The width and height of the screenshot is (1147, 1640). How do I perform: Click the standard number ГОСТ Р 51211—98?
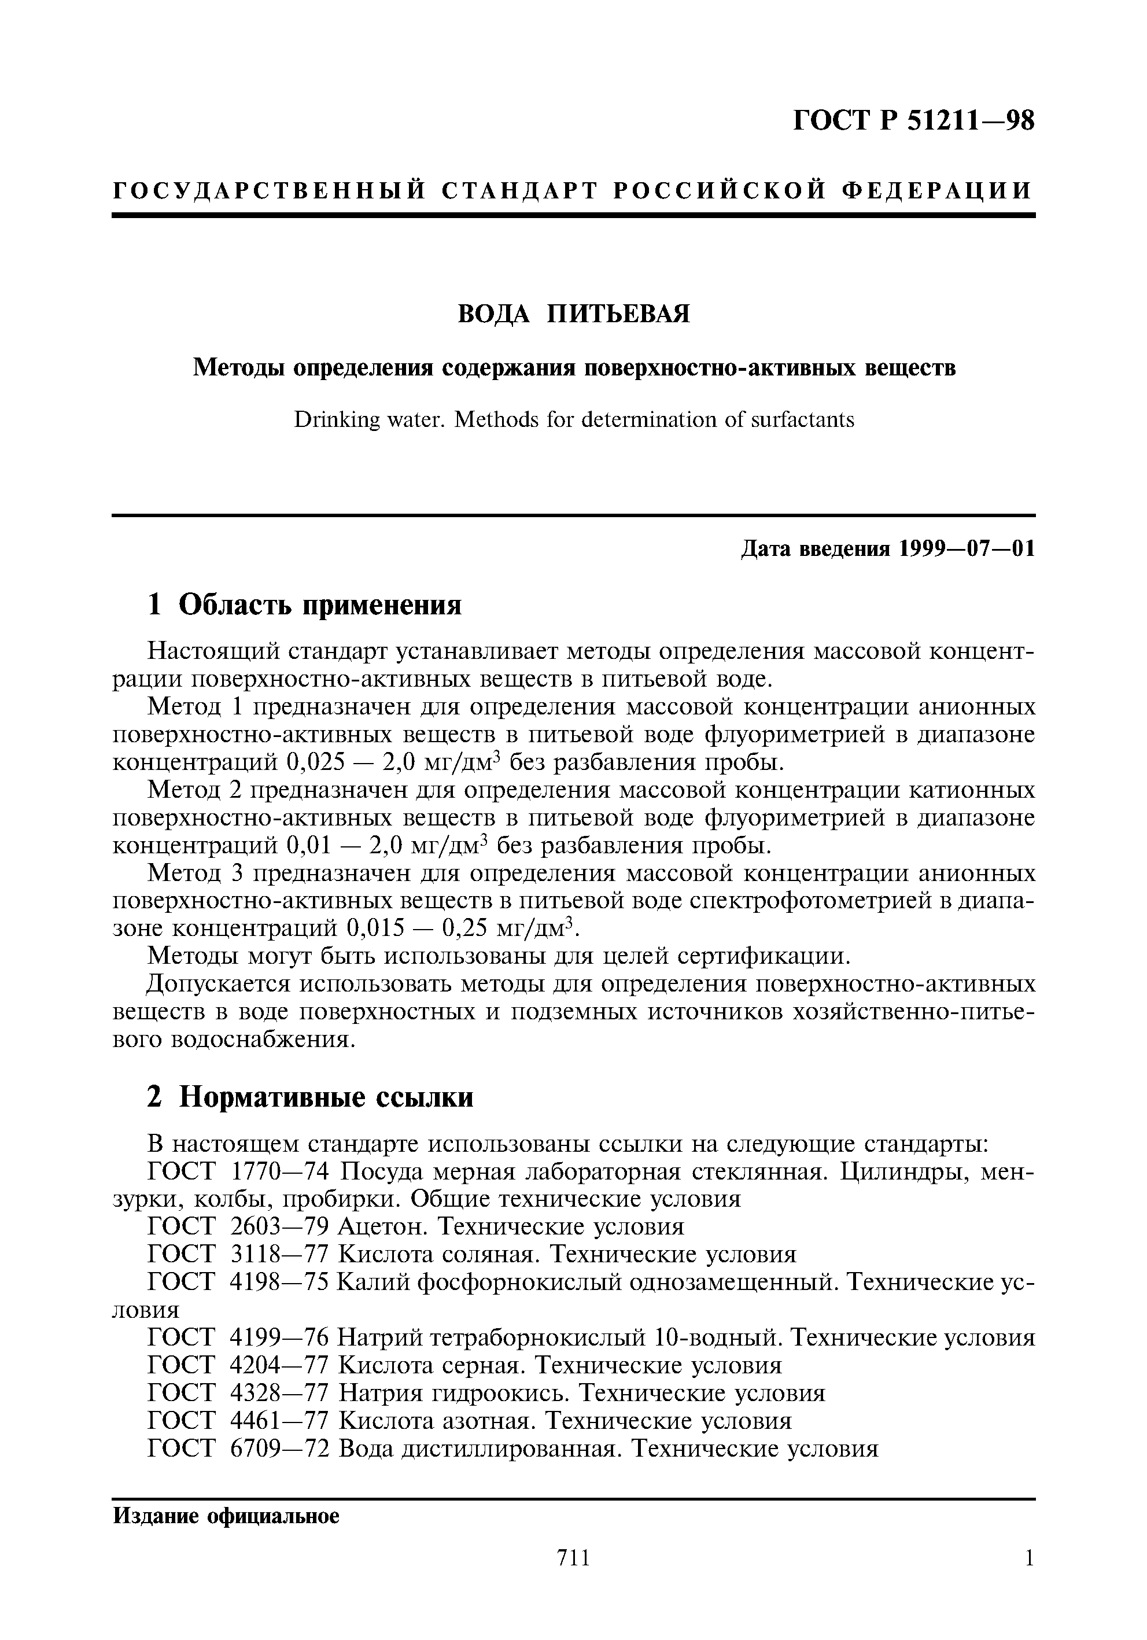tap(913, 121)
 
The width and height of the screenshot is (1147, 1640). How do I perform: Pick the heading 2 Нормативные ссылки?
tap(310, 1096)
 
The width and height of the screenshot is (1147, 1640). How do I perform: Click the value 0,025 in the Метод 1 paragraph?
tap(316, 763)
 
